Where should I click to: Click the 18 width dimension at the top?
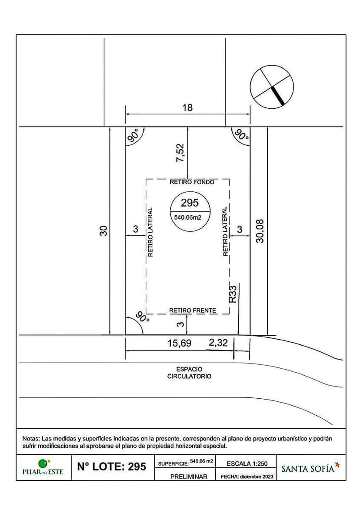[x=188, y=107]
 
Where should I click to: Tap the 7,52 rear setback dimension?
[x=180, y=153]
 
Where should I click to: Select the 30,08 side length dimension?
[x=260, y=231]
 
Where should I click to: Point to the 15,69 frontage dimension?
[x=180, y=343]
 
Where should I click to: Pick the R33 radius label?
[x=233, y=294]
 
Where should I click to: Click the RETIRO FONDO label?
[x=192, y=182]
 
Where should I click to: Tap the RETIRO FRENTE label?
[x=193, y=310]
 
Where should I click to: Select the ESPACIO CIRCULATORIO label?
[x=189, y=373]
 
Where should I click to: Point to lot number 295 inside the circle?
[x=190, y=203]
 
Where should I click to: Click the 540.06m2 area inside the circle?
[x=188, y=217]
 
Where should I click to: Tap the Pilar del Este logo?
[x=43, y=467]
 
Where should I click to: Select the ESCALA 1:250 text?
[x=247, y=463]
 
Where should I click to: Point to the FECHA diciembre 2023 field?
[x=247, y=477]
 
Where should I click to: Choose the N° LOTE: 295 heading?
[x=112, y=467]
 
